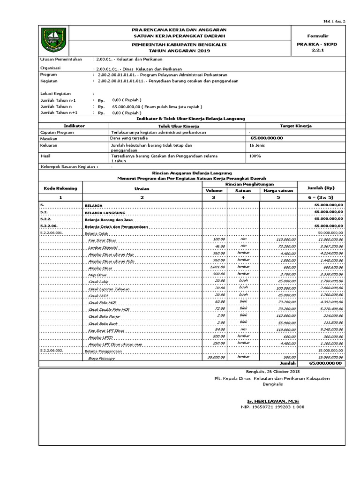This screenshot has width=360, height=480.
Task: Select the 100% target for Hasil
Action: click(255, 156)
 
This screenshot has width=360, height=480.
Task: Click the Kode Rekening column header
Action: click(60, 188)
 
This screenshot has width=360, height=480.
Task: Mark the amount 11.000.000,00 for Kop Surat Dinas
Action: click(328, 239)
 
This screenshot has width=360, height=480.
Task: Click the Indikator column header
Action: click(74, 126)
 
